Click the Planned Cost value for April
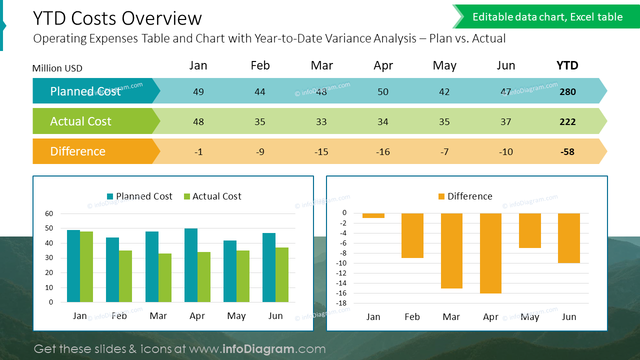(383, 91)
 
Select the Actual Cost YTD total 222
(567, 121)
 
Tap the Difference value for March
(321, 151)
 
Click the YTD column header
(567, 65)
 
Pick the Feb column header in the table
(260, 65)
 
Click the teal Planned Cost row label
(85, 91)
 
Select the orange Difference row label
(78, 151)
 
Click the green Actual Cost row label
(81, 121)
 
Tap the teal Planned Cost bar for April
(191, 265)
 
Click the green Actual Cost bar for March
(165, 277)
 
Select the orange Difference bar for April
(490, 253)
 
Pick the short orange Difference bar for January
(373, 215)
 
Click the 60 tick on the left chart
(49, 213)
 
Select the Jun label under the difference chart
(569, 317)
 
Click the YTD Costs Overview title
(117, 18)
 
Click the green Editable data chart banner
(547, 17)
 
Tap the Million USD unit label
(57, 68)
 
